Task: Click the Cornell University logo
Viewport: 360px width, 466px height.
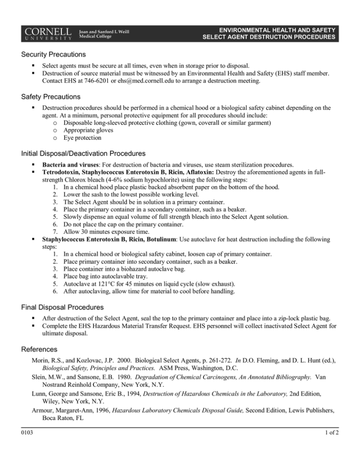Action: click(x=46, y=31)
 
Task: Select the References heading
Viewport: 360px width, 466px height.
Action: click(x=39, y=350)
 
